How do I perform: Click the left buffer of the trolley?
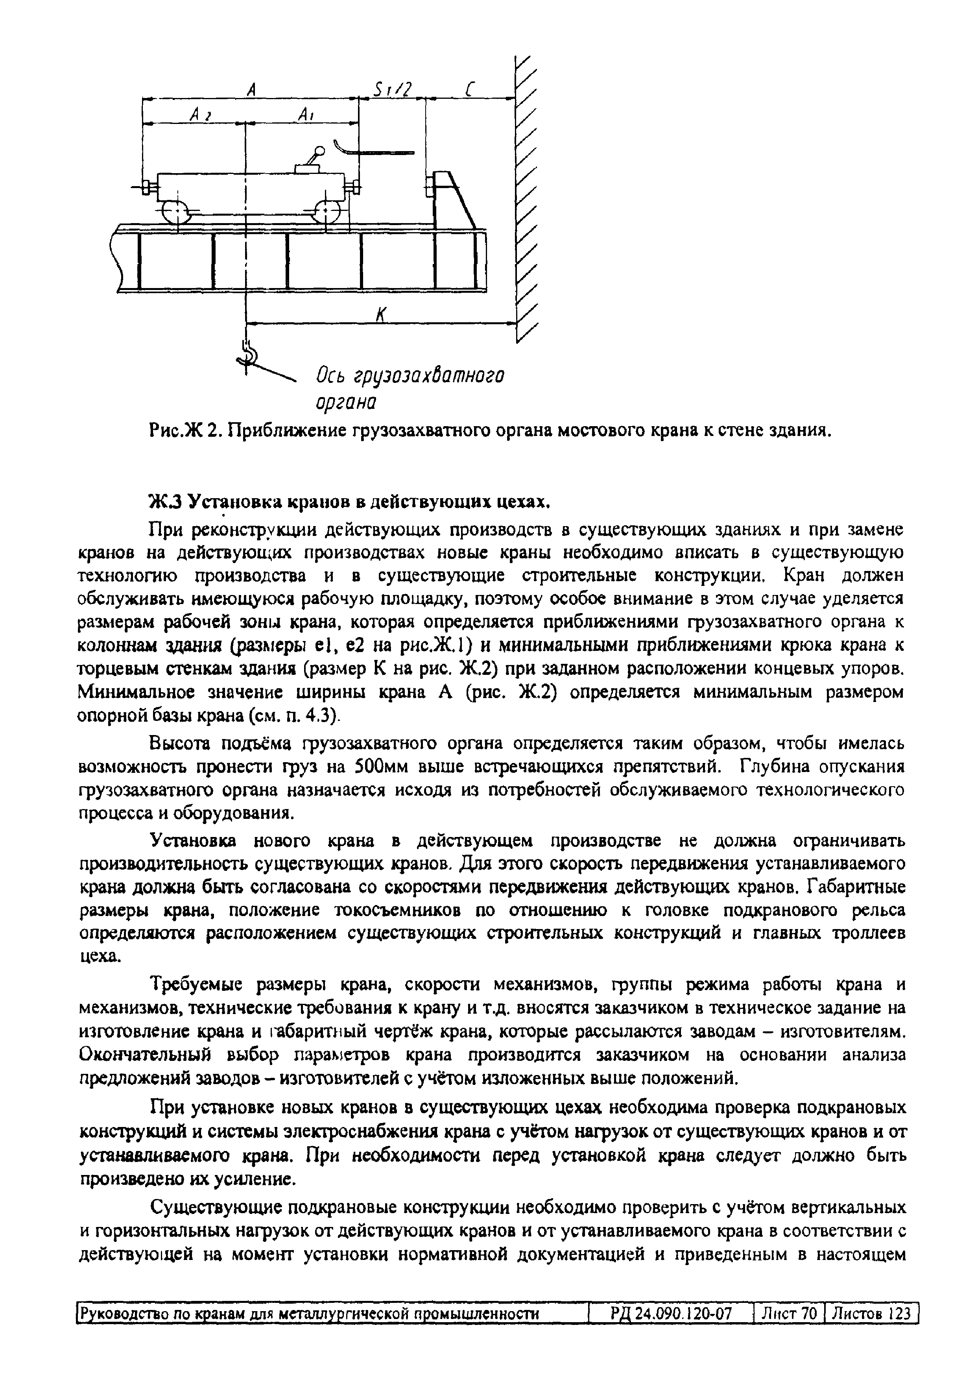coord(146,188)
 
